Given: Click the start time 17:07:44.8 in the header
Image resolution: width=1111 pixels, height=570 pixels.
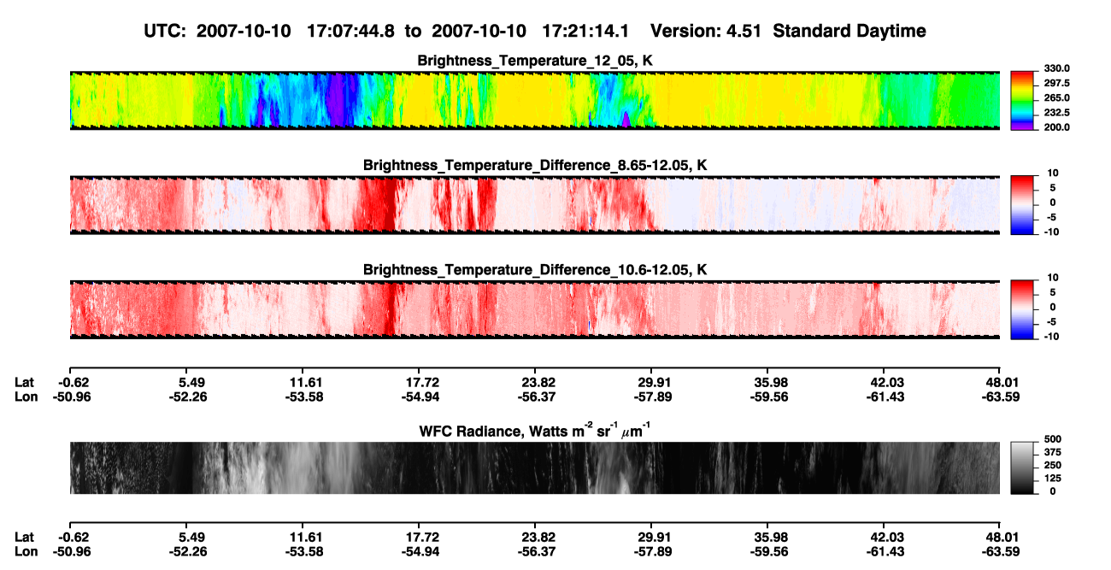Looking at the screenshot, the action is click(350, 31).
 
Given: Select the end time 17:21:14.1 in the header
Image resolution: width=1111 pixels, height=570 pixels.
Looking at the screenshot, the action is click(585, 31).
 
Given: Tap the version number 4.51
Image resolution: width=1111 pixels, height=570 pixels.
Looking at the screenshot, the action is click(744, 31).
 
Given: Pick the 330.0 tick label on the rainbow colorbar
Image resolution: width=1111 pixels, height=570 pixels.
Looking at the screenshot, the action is click(1056, 68).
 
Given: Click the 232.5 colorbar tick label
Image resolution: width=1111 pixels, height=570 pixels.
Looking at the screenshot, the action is click(1056, 113).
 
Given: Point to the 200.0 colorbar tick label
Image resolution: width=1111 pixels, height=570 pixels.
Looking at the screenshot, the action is click(1056, 127).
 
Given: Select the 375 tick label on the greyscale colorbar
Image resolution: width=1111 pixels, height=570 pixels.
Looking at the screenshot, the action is click(1052, 452).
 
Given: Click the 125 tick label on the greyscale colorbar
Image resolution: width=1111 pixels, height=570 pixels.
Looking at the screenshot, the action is click(1052, 479).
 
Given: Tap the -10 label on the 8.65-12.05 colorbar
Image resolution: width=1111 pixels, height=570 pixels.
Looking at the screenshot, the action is click(1051, 232).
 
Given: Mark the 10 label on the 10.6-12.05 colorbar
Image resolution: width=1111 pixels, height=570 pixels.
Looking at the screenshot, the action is click(1053, 278).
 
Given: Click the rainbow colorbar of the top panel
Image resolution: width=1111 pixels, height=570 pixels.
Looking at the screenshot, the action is click(1022, 101).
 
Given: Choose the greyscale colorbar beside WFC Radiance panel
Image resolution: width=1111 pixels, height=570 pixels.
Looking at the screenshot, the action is click(1022, 468).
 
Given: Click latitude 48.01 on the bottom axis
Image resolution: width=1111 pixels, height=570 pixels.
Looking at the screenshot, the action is click(1001, 538).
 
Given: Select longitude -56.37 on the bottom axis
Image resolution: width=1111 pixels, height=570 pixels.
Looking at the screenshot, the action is click(537, 552).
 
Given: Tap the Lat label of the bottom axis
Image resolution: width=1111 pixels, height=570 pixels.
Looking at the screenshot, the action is click(24, 538).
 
